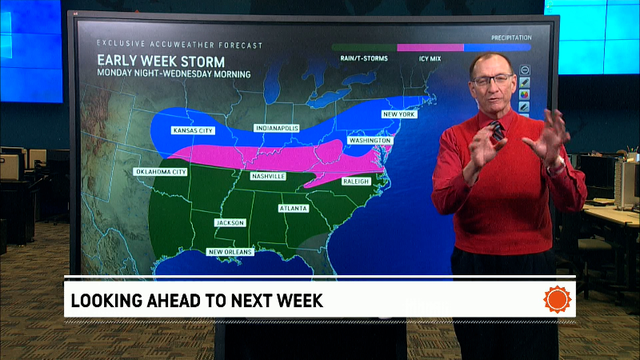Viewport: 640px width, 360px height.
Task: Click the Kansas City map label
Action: [194, 130]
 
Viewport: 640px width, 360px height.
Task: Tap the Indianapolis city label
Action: [276, 128]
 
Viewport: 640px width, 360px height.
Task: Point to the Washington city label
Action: [370, 140]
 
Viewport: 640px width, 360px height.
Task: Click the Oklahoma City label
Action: [160, 171]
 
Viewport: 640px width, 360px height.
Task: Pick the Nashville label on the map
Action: [268, 176]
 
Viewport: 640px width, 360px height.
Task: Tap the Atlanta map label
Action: [294, 208]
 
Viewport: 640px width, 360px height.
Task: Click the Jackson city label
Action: [230, 222]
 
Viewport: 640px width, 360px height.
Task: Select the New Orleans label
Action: [230, 252]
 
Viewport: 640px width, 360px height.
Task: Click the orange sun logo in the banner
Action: [558, 300]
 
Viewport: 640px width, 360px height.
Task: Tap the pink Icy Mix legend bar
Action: [430, 47]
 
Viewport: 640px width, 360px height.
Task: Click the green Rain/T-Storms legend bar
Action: [364, 47]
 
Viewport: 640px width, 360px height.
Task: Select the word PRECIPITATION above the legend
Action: [510, 37]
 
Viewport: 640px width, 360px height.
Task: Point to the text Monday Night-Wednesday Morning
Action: [174, 74]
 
